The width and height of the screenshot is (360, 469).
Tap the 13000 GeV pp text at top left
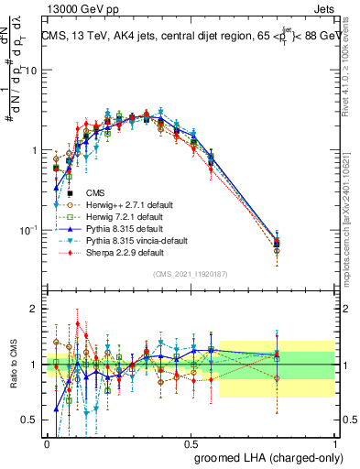pyautogui.click(x=76, y=8)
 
